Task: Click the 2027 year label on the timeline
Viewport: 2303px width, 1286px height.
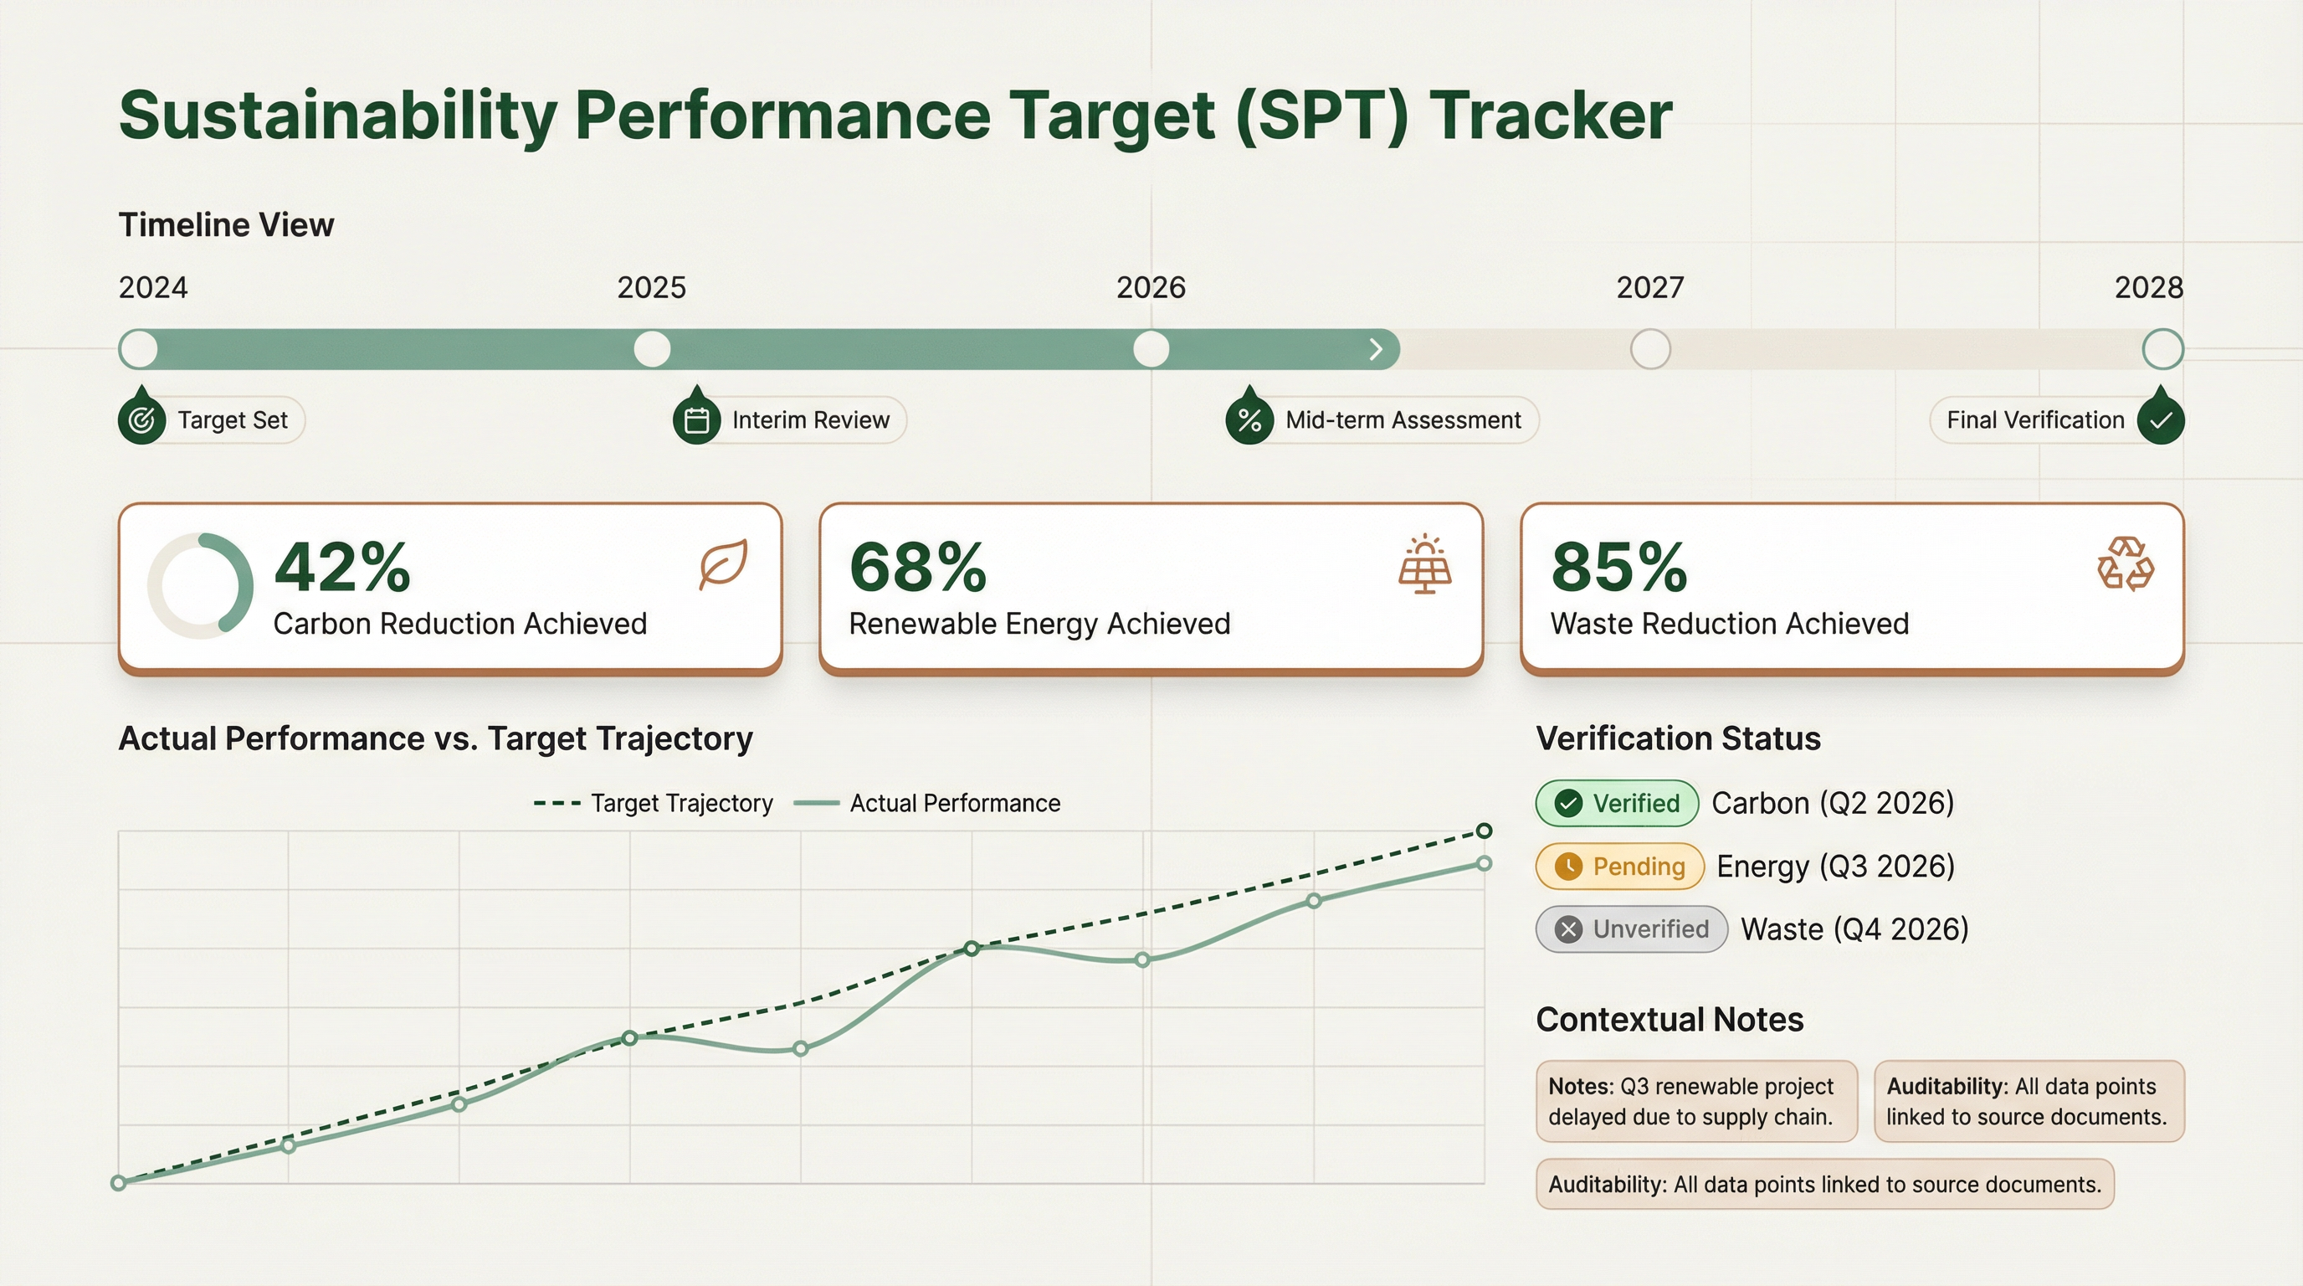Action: tap(1649, 288)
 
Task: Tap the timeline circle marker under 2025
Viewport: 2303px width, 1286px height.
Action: tap(652, 349)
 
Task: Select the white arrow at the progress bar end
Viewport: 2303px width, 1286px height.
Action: tap(1376, 349)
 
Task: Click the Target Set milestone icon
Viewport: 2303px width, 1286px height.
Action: tap(141, 419)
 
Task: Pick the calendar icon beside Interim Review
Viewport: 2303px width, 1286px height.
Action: tap(696, 419)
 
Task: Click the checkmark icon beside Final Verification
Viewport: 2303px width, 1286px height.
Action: tap(2161, 419)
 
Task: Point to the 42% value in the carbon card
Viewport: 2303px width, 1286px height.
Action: tap(342, 568)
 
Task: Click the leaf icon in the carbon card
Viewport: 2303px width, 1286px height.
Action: tap(722, 563)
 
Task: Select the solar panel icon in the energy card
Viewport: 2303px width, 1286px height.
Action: tap(1425, 565)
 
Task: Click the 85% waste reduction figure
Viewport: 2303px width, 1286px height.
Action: tap(1619, 568)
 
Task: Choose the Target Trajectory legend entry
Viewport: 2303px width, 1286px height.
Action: tap(654, 803)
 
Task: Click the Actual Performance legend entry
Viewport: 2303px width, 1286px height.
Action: tap(927, 803)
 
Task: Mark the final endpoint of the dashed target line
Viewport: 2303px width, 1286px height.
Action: tap(1484, 831)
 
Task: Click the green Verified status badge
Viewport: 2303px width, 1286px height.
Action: tap(1618, 803)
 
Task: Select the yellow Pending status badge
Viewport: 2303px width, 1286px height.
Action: tap(1620, 866)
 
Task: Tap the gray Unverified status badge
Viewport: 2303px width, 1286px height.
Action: tap(1632, 929)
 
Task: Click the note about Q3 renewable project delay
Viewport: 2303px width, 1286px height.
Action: tap(1696, 1101)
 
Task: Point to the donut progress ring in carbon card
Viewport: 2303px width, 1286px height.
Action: tap(200, 586)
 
